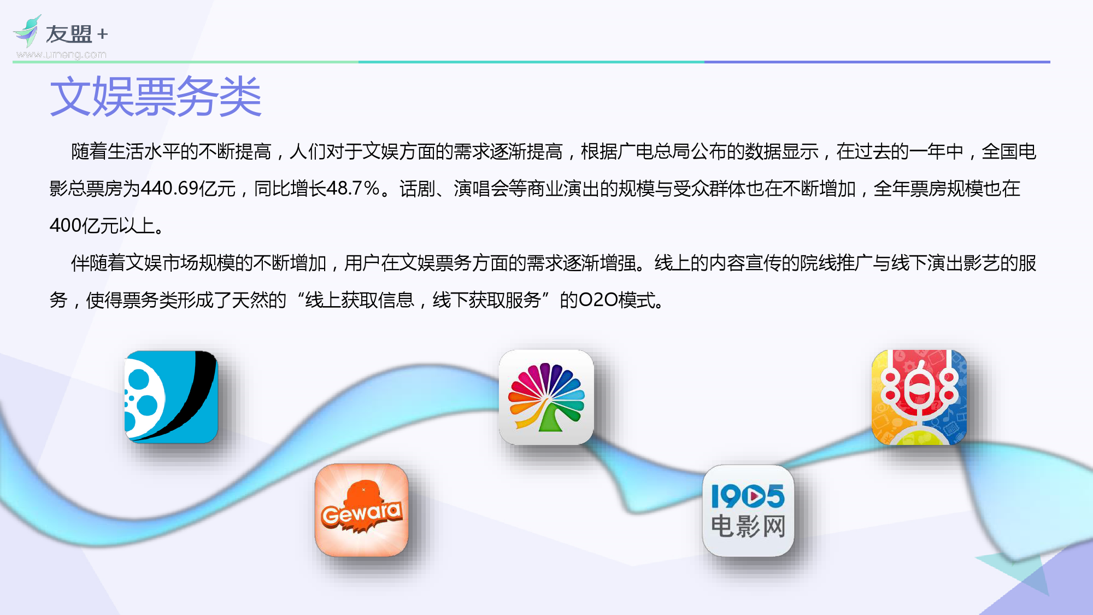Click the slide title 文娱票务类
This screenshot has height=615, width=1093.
tap(156, 97)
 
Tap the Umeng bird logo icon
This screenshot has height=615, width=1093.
tap(27, 31)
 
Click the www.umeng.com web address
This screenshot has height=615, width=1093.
tap(61, 55)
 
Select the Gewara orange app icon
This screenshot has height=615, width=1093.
tap(362, 510)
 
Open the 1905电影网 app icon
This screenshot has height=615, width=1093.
tap(748, 511)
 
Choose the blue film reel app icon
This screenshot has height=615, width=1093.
tap(171, 396)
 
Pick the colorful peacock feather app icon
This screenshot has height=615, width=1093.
tap(546, 397)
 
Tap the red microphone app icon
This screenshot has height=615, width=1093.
tap(919, 397)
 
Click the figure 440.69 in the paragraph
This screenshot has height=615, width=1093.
tap(169, 189)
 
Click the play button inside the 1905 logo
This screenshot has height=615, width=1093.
tap(757, 496)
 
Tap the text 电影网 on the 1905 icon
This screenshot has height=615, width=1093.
tap(748, 526)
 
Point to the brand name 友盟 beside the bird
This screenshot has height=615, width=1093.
tap(69, 34)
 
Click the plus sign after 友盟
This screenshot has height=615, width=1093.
tap(102, 34)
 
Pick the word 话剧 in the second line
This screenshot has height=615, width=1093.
tap(417, 189)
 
